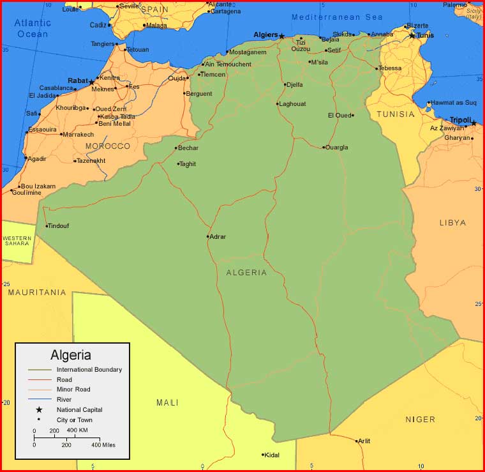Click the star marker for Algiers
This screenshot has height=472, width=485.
(x=281, y=36)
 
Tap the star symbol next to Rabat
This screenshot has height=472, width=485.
(x=91, y=82)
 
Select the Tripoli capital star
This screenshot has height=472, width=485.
(x=474, y=123)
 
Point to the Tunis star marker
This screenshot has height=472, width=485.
(x=412, y=35)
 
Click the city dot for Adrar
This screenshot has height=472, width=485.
(x=208, y=236)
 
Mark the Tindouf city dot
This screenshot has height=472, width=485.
(x=47, y=225)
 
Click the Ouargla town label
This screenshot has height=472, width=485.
(x=336, y=148)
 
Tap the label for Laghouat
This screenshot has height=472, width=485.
(x=293, y=104)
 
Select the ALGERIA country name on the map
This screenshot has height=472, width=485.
(x=246, y=273)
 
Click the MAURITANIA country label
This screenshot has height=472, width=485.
(x=37, y=293)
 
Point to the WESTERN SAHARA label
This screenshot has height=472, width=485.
(x=17, y=241)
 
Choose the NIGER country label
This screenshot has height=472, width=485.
(x=420, y=420)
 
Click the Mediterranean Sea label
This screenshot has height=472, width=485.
(x=337, y=17)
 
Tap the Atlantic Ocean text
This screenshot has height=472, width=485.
(x=32, y=29)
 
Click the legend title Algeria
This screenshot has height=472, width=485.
(x=71, y=355)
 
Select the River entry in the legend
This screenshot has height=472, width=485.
(x=64, y=399)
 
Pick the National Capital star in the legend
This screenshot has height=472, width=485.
(x=39, y=409)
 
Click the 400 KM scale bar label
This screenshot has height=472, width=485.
(x=77, y=430)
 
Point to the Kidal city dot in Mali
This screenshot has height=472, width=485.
(x=263, y=455)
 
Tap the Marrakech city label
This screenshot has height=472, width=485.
(x=78, y=134)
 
